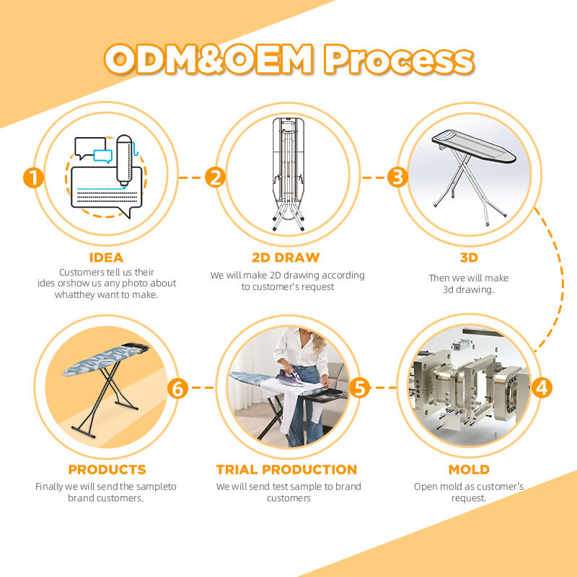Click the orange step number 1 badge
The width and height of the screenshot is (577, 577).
pos(33,177)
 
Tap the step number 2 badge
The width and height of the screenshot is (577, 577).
pos(215,177)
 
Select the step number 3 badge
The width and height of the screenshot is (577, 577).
pos(397,177)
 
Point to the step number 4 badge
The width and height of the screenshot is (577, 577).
pos(542,387)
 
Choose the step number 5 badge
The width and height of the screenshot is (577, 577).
pos(360,387)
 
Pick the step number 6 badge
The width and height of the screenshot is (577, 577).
pos(178,388)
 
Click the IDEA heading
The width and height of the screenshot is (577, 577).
pos(106,257)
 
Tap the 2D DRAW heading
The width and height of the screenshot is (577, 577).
pos(287,257)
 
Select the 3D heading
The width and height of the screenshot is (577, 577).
pos(469,257)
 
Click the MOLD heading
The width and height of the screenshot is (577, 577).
pos(469,470)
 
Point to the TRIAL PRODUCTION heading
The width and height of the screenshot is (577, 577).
pos(287,470)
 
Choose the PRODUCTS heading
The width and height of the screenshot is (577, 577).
pos(106,470)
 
